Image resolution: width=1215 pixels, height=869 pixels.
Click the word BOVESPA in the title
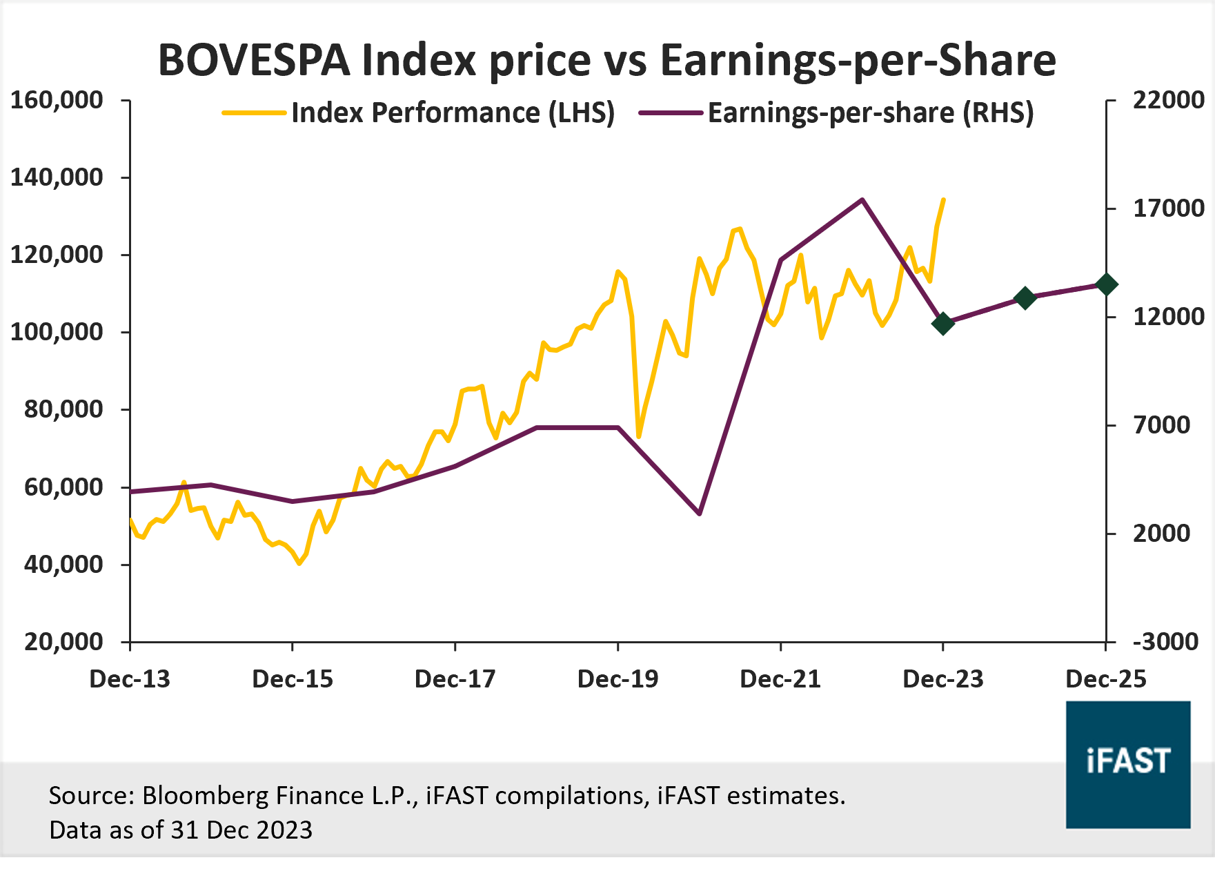click(x=254, y=61)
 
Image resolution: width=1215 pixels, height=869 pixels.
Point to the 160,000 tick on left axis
click(x=57, y=100)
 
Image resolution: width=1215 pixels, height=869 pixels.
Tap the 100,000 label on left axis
click(x=57, y=332)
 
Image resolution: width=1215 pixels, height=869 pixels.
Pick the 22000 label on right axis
click(x=1169, y=100)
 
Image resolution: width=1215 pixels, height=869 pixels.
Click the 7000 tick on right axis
click(x=1162, y=425)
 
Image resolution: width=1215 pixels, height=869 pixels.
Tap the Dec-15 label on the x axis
click(x=293, y=679)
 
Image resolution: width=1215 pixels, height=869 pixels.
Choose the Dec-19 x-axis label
click(x=618, y=679)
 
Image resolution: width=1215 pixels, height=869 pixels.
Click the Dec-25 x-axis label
click(x=1105, y=679)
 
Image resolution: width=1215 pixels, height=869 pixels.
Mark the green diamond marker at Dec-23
click(x=943, y=323)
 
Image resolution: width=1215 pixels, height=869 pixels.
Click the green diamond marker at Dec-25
click(x=1107, y=284)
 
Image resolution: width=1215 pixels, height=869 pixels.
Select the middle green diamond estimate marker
click(x=1025, y=298)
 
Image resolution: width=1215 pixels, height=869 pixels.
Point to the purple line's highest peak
click(x=862, y=199)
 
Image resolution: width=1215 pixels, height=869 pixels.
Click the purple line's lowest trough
click(x=700, y=514)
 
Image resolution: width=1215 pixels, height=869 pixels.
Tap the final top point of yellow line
click(x=944, y=199)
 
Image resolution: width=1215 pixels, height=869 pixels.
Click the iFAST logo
click(x=1128, y=764)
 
